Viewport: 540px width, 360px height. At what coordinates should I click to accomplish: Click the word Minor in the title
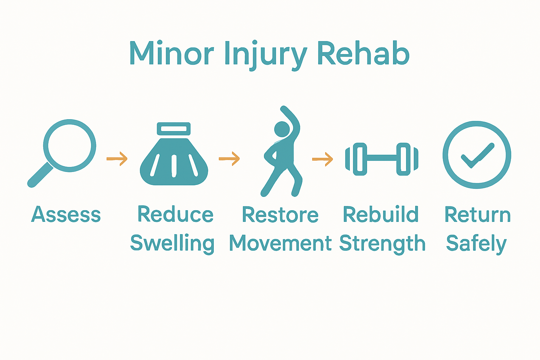coord(172,54)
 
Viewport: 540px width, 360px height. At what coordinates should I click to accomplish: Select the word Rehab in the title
coord(364,53)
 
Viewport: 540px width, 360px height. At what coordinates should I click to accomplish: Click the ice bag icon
coord(174,158)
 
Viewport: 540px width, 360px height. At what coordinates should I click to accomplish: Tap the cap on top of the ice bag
coord(174,129)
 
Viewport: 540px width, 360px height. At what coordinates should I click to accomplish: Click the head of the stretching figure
coord(282,129)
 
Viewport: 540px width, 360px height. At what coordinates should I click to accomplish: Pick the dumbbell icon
coord(381,159)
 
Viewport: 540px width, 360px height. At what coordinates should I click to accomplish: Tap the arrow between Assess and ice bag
coord(117,159)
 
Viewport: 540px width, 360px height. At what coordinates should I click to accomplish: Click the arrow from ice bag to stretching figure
coord(229,159)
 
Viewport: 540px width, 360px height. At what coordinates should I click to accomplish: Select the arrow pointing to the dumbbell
coord(322,159)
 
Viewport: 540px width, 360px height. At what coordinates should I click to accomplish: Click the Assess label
coord(66,214)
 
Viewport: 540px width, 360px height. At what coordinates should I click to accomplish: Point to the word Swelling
coord(172,243)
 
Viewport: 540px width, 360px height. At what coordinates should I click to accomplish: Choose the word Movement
coord(280,243)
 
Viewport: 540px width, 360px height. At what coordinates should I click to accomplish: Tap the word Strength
coord(382,243)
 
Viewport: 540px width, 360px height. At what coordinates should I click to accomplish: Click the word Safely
coord(476,243)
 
